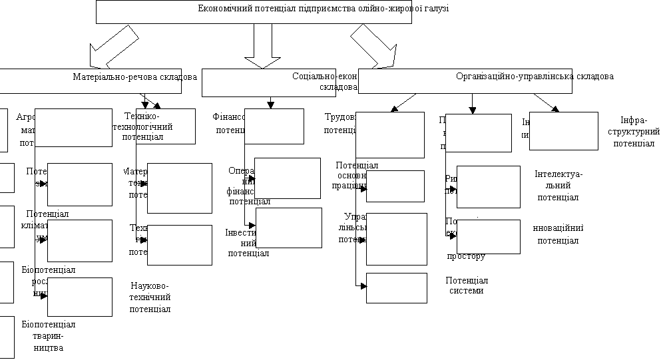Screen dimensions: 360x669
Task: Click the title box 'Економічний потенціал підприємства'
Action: coord(254,11)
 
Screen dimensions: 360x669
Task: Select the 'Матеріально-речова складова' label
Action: coord(134,77)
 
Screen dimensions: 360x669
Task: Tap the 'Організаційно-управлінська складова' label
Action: coord(535,77)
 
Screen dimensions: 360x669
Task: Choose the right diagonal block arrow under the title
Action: coord(373,47)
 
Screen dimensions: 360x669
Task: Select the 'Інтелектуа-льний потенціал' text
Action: coord(558,186)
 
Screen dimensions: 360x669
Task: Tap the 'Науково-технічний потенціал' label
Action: coord(150,297)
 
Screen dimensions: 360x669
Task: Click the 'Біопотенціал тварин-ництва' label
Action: coord(48,335)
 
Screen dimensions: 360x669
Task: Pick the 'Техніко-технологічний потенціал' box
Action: coord(166,126)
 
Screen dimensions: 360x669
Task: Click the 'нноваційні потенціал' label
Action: coord(558,234)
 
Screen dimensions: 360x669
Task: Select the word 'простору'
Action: coord(466,256)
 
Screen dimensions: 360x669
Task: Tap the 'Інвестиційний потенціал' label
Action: coord(248,242)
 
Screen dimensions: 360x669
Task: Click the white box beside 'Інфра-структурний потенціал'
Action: coord(563,131)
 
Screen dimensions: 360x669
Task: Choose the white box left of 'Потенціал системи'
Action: coord(396,287)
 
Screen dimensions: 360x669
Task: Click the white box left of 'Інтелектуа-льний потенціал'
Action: coord(488,187)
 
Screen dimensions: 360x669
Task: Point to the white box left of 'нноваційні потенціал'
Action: coord(488,236)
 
